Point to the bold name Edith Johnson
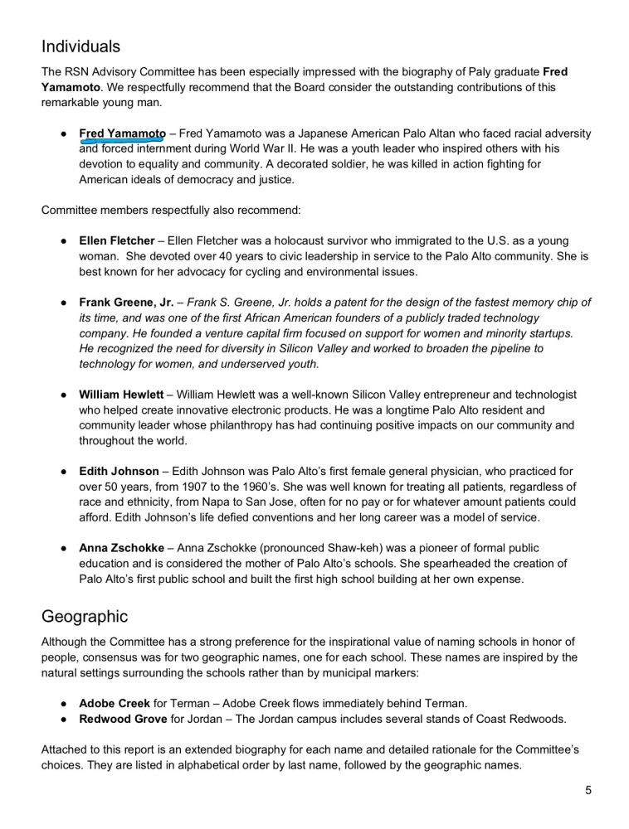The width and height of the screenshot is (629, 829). [x=119, y=472]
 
